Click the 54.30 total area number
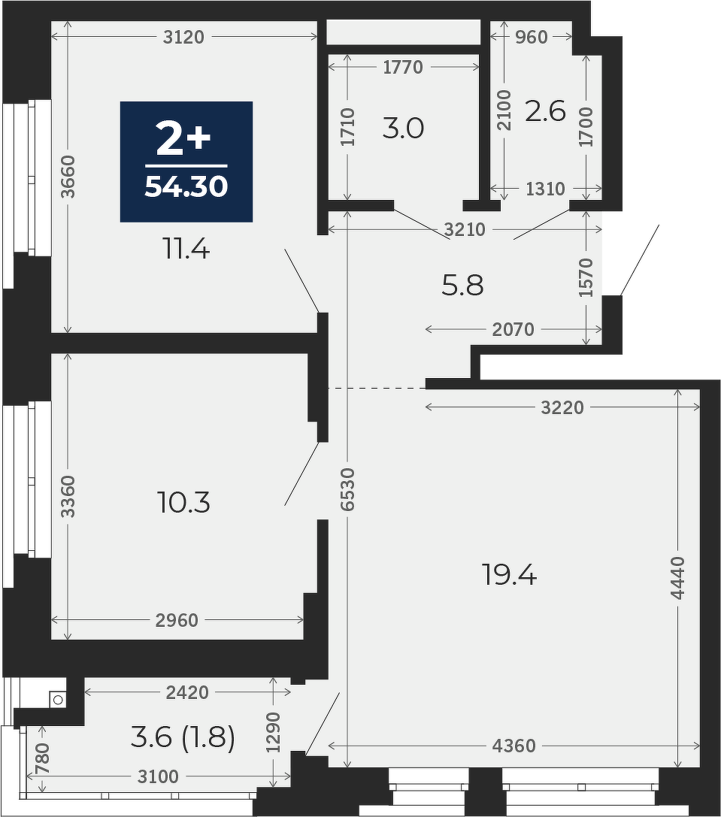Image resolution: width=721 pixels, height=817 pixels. pos(186,186)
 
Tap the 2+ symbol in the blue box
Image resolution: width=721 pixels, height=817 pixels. pos(183,138)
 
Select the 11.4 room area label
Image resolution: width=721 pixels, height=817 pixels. pos(186,250)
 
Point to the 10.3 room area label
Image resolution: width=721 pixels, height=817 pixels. pos(183,504)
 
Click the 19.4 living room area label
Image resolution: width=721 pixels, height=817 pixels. pos(509,576)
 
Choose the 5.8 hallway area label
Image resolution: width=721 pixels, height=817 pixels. pos(462,286)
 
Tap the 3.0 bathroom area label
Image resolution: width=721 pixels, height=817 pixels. pos(403,129)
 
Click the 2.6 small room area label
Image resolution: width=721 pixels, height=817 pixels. pos(545,110)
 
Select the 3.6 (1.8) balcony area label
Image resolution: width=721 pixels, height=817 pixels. pos(182,737)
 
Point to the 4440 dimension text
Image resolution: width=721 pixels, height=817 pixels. pos(677,578)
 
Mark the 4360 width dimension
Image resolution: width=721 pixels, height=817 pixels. pos(514,746)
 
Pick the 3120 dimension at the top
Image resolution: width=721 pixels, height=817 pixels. pos(183,37)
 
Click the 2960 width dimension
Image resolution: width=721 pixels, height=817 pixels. pos(177,620)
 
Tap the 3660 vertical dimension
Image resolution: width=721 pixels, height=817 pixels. pos(68,177)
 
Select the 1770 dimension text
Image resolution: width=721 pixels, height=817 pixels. pos(403,67)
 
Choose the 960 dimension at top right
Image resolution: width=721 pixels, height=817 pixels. pos(532,37)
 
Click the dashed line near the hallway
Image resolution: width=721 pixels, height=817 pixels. pos(377,388)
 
